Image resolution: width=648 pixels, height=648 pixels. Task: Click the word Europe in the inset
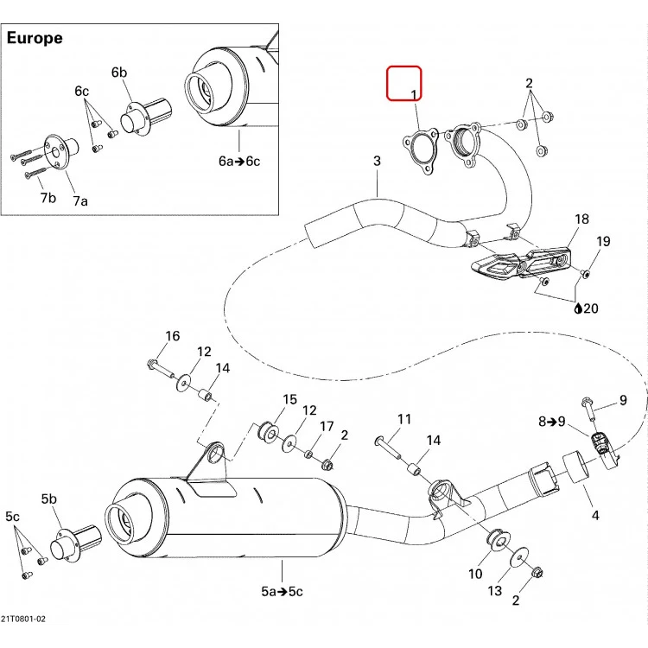pos(35,38)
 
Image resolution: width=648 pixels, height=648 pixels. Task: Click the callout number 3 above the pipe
pos(377,161)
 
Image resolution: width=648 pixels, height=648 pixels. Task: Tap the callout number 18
pos(581,219)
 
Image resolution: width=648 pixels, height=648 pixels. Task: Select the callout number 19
pos(603,241)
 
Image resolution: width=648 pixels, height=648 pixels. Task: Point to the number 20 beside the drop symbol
pos(591,308)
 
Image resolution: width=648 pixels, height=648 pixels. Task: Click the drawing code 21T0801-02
pos(23,619)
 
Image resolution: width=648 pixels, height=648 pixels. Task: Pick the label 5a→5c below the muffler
pos(282,591)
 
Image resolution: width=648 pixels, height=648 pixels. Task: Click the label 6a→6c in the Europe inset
pos(239,161)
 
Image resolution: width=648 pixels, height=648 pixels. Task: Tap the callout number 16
pos(172,336)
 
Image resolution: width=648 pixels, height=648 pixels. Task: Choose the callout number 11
pos(404,419)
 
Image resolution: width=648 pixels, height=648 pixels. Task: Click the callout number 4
pos(595,515)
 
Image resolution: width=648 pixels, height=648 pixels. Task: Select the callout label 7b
pos(48,198)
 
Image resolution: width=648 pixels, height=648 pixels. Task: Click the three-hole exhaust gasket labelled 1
pos(420,152)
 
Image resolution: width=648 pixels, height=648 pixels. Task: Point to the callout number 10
pos(475,574)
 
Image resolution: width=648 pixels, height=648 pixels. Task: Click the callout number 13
pos(495,591)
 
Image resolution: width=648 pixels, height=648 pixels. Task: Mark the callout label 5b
pos(48,499)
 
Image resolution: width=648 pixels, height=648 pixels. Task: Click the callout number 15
pos(289,399)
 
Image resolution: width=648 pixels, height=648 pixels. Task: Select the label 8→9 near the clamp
pos(552,422)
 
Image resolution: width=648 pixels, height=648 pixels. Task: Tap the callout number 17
pos(327,426)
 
